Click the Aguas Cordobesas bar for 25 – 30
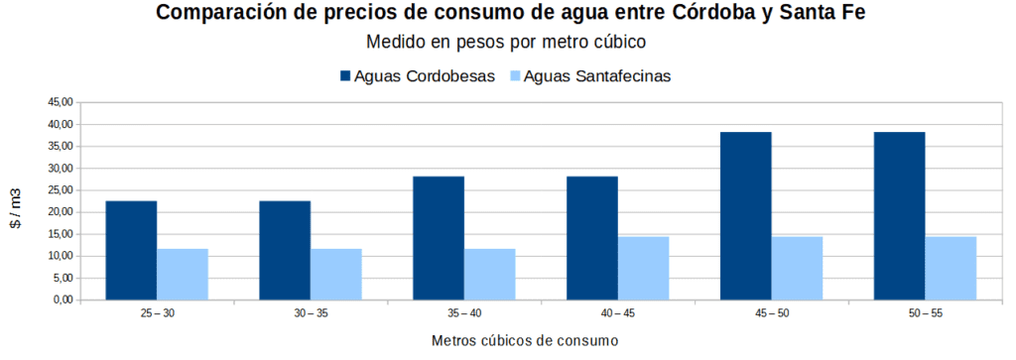click(x=131, y=250)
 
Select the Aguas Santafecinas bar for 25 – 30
click(x=182, y=274)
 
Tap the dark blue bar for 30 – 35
click(x=285, y=250)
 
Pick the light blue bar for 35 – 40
click(x=489, y=274)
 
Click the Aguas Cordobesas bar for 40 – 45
click(x=592, y=238)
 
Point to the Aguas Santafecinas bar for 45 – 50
click(x=797, y=268)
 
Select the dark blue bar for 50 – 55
click(x=899, y=216)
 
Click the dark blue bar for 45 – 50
click(x=745, y=216)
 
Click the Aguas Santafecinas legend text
click(x=598, y=76)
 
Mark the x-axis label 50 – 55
click(x=925, y=313)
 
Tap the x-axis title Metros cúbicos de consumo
click(x=525, y=341)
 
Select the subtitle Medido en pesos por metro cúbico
click(x=506, y=43)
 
